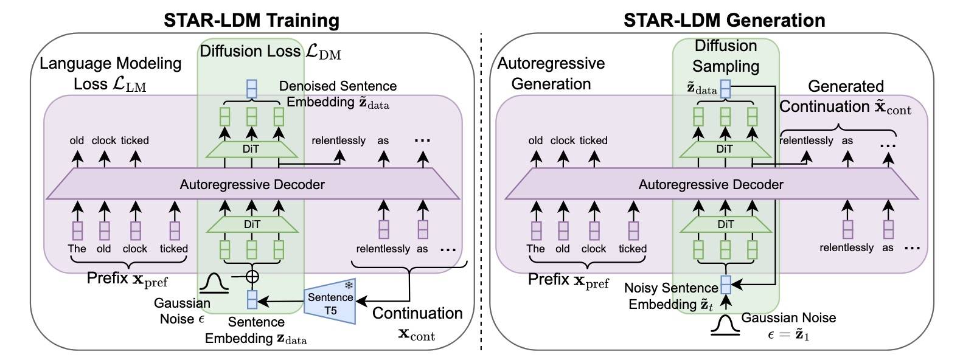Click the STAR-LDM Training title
click(x=251, y=20)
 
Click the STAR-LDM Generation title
click(x=724, y=20)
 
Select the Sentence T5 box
click(x=330, y=303)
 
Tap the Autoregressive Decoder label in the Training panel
click(x=252, y=184)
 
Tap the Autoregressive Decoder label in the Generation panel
click(x=711, y=184)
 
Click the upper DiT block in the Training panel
click(x=252, y=149)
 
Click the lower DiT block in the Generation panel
click(x=725, y=224)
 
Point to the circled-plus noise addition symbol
click(x=252, y=276)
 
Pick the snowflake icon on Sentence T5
click(x=349, y=285)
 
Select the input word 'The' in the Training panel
click(x=77, y=249)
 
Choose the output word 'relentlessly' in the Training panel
click(x=338, y=140)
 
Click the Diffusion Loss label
click(x=270, y=52)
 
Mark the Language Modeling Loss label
click(x=110, y=73)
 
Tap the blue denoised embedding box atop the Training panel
click(x=252, y=89)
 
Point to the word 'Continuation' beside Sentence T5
click(x=417, y=313)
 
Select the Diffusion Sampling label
click(x=726, y=56)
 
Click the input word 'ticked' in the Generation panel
click(x=632, y=249)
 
